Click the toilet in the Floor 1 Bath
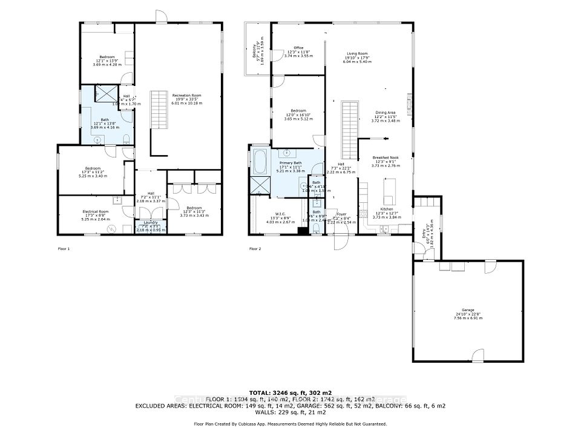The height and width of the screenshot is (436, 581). pyautogui.click(x=125, y=140)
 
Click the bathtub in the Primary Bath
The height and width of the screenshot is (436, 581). pyautogui.click(x=260, y=163)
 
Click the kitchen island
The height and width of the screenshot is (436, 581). pyautogui.click(x=389, y=192)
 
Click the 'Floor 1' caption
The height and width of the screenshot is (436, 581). pyautogui.click(x=64, y=248)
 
